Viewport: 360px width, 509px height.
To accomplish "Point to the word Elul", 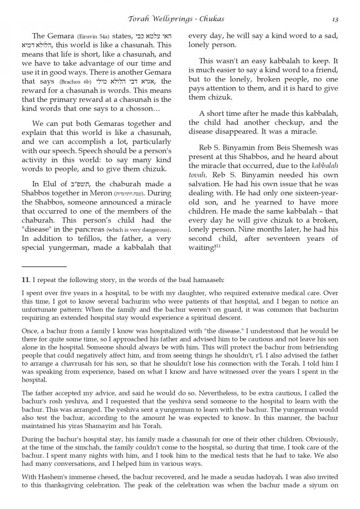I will [x=50, y=184].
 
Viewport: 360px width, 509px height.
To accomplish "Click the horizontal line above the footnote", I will [x=44, y=266].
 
